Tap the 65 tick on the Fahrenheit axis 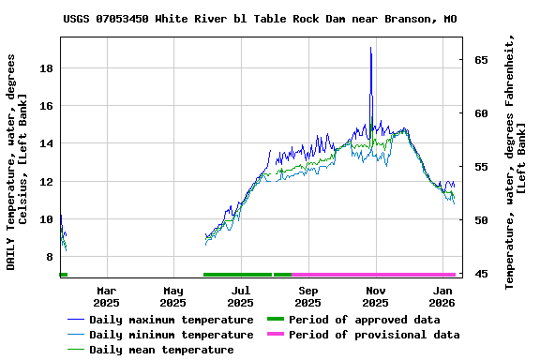[x=481, y=60]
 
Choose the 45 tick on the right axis [x=481, y=274]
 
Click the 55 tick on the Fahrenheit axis [x=481, y=167]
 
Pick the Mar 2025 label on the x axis [x=106, y=297]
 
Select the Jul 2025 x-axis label [x=240, y=297]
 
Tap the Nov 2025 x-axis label [x=375, y=297]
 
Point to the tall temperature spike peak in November [x=371, y=48]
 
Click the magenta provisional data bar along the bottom [x=373, y=275]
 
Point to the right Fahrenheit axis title [x=515, y=161]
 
